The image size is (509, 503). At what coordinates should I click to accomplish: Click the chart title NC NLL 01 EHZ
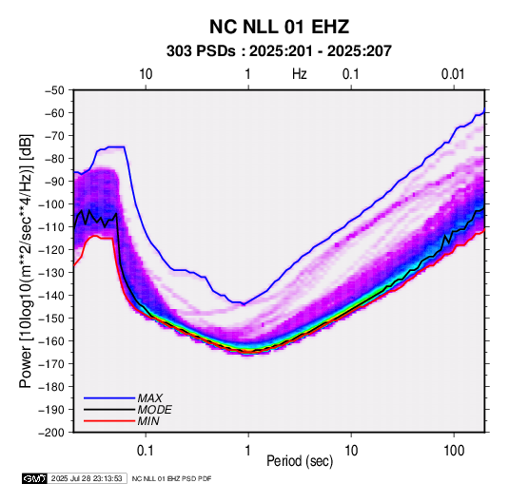[279, 27]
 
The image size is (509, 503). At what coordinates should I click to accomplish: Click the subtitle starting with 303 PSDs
[279, 51]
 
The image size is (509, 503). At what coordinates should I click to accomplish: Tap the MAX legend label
[149, 398]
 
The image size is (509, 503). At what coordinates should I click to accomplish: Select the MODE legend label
[154, 410]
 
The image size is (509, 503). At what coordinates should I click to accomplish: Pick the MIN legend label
[148, 421]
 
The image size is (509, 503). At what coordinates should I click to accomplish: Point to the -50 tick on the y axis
[54, 90]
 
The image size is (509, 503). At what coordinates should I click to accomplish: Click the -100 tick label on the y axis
[52, 204]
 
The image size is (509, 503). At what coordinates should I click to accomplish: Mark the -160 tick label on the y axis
[52, 341]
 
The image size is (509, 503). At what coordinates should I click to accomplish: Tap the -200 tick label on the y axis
[52, 433]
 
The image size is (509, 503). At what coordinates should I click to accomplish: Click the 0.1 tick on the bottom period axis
[146, 451]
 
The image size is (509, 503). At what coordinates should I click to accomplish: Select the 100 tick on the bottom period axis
[454, 451]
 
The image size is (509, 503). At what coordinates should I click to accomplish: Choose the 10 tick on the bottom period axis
[351, 451]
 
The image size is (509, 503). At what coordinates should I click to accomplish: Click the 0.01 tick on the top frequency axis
[453, 74]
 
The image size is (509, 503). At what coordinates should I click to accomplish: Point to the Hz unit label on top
[300, 74]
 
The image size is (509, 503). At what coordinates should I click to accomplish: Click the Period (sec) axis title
[300, 461]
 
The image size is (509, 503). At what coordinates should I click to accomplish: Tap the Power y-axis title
[26, 261]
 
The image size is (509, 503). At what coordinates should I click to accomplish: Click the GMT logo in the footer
[34, 478]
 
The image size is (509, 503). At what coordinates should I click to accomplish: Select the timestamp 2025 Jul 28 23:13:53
[87, 478]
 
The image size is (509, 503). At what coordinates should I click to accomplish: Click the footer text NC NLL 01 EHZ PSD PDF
[171, 478]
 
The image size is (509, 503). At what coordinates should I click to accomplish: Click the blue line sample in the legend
[109, 398]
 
